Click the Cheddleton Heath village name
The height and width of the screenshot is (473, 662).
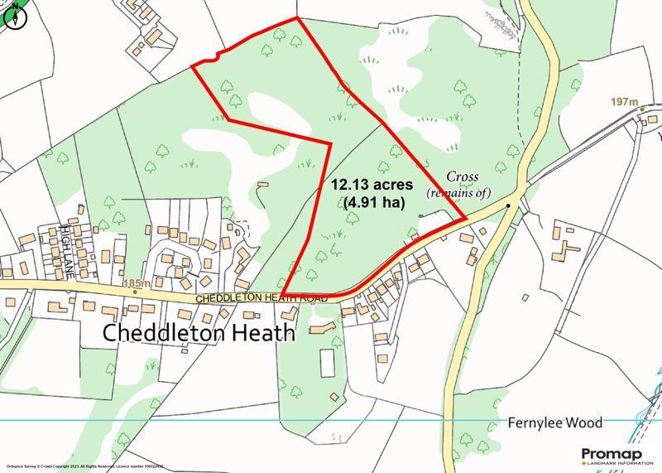point(199,333)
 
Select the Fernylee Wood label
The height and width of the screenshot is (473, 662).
point(554,422)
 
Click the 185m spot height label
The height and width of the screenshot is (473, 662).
point(135,283)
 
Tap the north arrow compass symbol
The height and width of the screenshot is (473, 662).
point(14,15)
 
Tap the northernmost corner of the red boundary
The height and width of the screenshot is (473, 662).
point(295,18)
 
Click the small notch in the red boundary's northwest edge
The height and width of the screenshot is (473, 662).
point(216,56)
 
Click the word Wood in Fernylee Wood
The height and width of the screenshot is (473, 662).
point(583,422)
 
